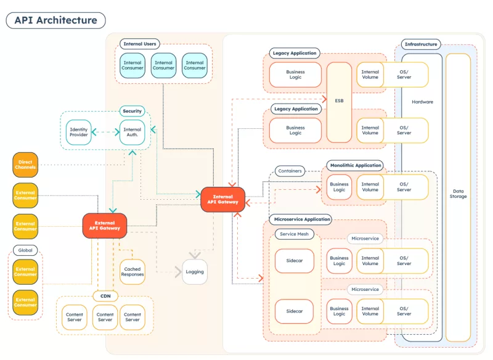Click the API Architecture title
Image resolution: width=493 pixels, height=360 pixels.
point(56,20)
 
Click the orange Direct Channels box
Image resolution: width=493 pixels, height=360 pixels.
point(25,165)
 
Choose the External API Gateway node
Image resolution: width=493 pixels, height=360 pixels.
point(105,226)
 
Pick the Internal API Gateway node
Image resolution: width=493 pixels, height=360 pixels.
point(222,199)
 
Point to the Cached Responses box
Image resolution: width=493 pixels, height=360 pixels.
point(132,272)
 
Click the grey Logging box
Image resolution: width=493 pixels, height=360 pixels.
point(195,272)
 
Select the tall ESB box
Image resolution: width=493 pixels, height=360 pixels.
point(339,100)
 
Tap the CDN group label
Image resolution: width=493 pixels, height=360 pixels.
point(105,297)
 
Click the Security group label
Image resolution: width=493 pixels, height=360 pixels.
point(132,111)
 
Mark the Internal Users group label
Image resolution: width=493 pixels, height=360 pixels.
point(140,44)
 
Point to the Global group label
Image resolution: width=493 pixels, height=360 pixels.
point(25,250)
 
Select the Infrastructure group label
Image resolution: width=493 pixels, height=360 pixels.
point(421,44)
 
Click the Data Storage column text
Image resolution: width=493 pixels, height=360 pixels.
point(458,194)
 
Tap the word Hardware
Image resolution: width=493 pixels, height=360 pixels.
point(422,102)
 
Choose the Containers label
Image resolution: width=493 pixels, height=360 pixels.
point(290,171)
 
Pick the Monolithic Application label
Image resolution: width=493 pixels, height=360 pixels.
point(356,165)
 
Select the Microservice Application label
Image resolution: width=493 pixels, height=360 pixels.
point(301,219)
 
